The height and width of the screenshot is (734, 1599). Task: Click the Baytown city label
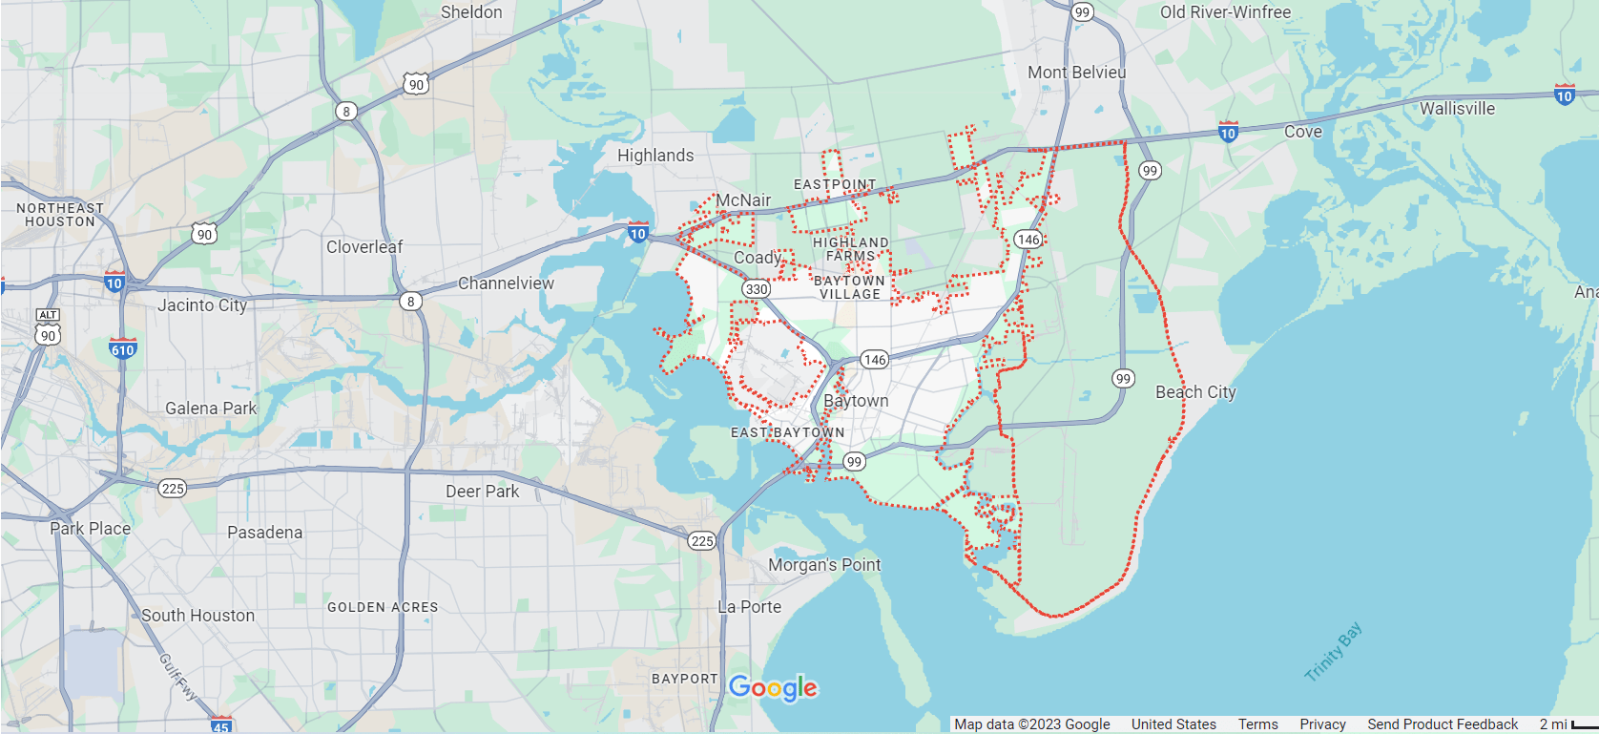856,401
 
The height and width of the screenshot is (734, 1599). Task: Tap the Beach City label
1195,392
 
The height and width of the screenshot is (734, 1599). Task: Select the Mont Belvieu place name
1076,73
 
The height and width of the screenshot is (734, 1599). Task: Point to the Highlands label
655,156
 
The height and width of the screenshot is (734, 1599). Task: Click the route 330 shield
757,288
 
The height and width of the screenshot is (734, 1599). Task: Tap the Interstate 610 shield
123,348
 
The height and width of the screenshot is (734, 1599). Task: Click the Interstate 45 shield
221,724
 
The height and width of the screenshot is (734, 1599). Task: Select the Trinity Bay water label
1334,652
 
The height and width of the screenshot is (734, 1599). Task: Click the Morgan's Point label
824,565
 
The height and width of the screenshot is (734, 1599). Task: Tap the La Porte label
750,607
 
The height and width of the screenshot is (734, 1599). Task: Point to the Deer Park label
483,492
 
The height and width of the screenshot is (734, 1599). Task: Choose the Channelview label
506,283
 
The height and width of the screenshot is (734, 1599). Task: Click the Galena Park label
211,409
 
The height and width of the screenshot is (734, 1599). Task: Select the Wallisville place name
1457,109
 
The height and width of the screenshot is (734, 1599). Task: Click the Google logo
773,687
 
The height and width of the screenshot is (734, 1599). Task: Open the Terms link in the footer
1257,724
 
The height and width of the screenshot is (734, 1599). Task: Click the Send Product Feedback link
1442,724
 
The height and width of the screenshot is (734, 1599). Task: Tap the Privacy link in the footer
1322,724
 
